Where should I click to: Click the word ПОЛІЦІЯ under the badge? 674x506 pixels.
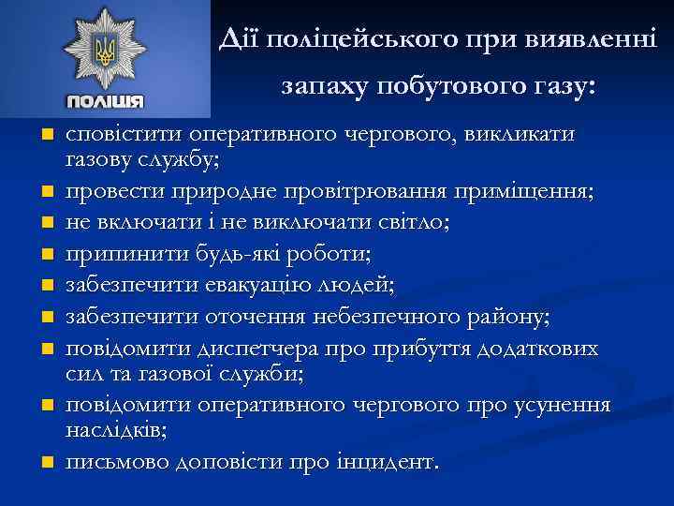click(x=105, y=101)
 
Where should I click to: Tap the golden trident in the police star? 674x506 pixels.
click(x=104, y=50)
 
